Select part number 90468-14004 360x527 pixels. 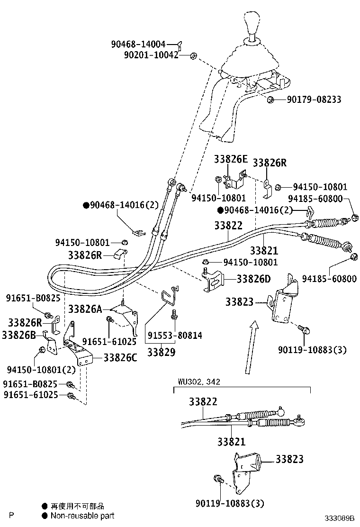[x=138, y=44]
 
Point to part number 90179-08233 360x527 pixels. [x=314, y=100]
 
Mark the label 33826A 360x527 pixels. [x=85, y=309]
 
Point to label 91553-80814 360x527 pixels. [x=175, y=336]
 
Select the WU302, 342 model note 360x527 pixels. [x=199, y=382]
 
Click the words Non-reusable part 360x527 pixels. [x=82, y=516]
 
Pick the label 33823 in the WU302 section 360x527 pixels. [x=289, y=459]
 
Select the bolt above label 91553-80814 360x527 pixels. [x=174, y=314]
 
